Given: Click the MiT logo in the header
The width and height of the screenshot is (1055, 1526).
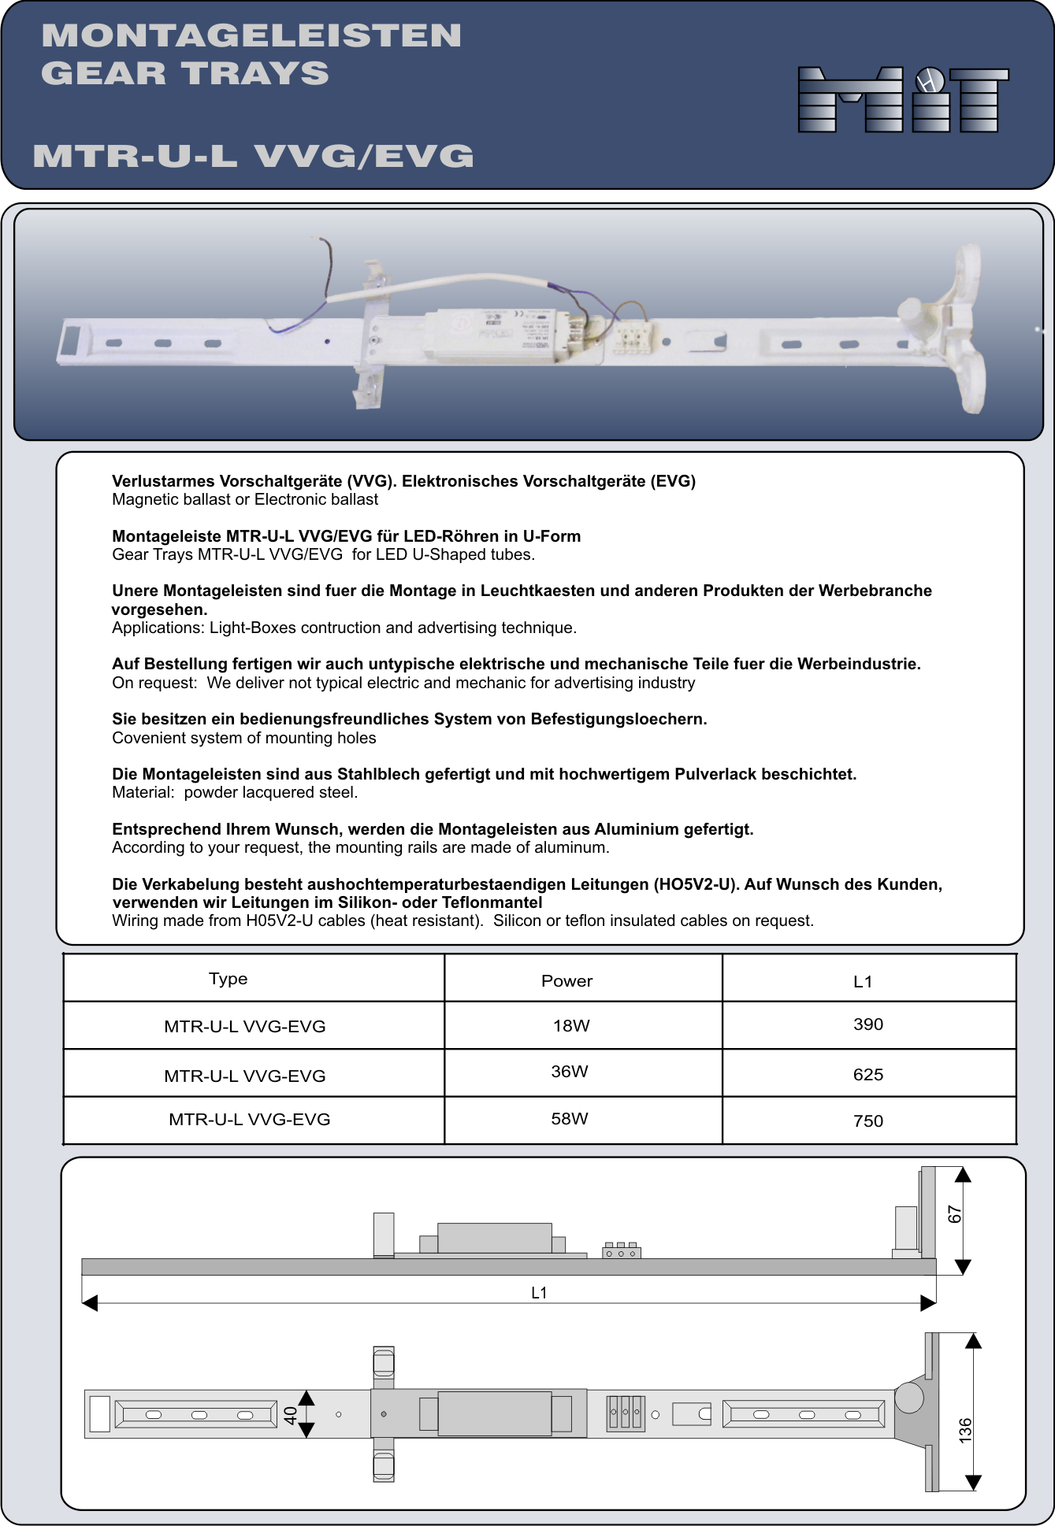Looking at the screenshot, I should click(903, 99).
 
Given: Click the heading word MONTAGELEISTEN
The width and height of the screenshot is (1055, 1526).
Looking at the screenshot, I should click(251, 35).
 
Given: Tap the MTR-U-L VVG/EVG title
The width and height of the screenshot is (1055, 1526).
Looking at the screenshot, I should click(253, 156).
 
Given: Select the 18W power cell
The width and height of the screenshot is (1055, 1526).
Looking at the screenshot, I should click(571, 1025).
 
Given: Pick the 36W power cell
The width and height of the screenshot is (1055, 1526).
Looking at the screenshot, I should click(570, 1072).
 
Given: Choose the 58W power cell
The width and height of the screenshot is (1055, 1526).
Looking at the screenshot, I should click(570, 1119).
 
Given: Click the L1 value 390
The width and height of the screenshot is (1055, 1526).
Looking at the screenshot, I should click(868, 1024).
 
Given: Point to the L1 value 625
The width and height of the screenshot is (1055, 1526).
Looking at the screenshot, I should click(868, 1075).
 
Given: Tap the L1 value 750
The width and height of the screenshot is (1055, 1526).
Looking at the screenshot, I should click(868, 1121).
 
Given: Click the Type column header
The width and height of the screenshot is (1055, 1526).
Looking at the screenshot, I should click(228, 979).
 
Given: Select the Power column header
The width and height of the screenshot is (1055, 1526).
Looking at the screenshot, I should click(567, 981).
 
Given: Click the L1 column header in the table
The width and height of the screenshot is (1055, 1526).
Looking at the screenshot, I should click(863, 982).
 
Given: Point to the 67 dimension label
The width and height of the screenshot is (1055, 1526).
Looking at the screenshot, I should click(955, 1214).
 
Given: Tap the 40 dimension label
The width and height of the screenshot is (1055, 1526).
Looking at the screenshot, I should click(291, 1416).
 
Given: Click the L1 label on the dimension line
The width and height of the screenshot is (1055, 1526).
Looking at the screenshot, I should click(539, 1293).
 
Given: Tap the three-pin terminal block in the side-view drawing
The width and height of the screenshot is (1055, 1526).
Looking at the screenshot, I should click(621, 1251).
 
